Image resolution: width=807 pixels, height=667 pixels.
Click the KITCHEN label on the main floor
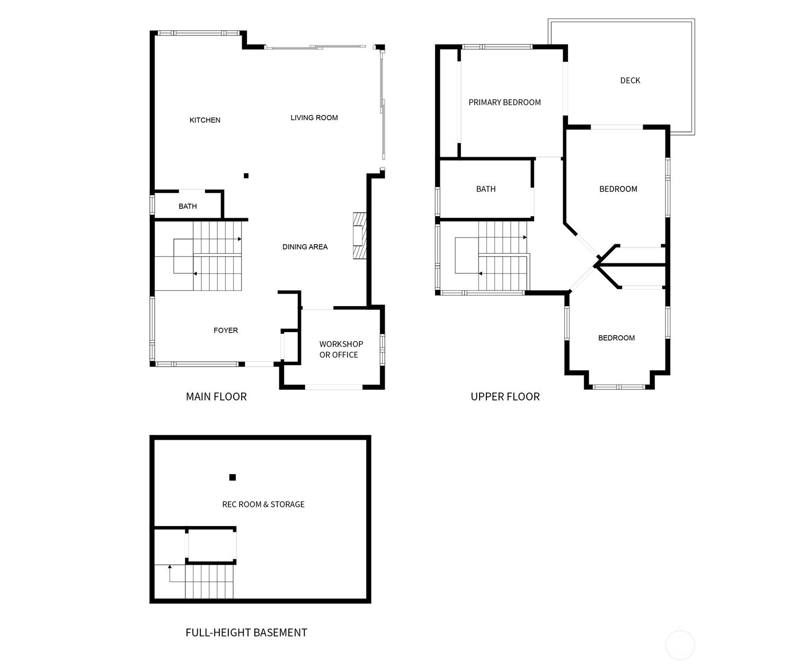[x=205, y=120]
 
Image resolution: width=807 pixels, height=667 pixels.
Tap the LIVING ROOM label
[x=314, y=118]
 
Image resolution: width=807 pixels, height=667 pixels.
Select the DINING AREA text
[x=305, y=247]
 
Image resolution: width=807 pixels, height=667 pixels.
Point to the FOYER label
[x=226, y=331]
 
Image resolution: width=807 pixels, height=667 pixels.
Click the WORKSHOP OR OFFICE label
[x=341, y=349]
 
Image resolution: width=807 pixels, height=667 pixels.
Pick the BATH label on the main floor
[x=188, y=207]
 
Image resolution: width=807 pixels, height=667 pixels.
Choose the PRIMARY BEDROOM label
[x=505, y=102]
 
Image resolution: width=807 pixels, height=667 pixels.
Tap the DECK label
[x=630, y=81]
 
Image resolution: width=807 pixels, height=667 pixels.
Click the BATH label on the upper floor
[x=486, y=189]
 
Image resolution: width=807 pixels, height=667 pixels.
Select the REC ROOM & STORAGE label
[x=263, y=504]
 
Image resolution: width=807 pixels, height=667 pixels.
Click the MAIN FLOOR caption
[x=216, y=396]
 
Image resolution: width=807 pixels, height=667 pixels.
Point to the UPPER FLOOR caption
[x=505, y=396]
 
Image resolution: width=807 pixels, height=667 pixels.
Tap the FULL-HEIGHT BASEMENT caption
[x=246, y=633]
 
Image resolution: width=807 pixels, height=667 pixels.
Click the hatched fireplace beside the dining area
[x=359, y=236]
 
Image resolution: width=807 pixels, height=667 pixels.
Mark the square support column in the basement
[x=232, y=477]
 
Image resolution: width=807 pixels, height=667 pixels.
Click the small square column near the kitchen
[x=246, y=176]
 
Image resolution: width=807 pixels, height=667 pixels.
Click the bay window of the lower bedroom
[x=618, y=387]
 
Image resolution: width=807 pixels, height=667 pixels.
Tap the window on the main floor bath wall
[x=152, y=204]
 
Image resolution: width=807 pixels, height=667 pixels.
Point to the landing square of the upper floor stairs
[x=466, y=255]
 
